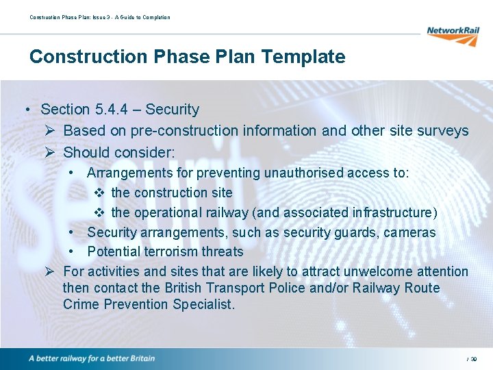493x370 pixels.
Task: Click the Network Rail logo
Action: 453,34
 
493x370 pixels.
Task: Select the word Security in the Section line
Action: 173,110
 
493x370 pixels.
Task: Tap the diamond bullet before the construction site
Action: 99,193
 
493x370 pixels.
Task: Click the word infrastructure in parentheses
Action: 391,213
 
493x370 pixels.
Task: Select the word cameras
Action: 409,233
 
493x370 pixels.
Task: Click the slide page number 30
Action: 474,359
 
